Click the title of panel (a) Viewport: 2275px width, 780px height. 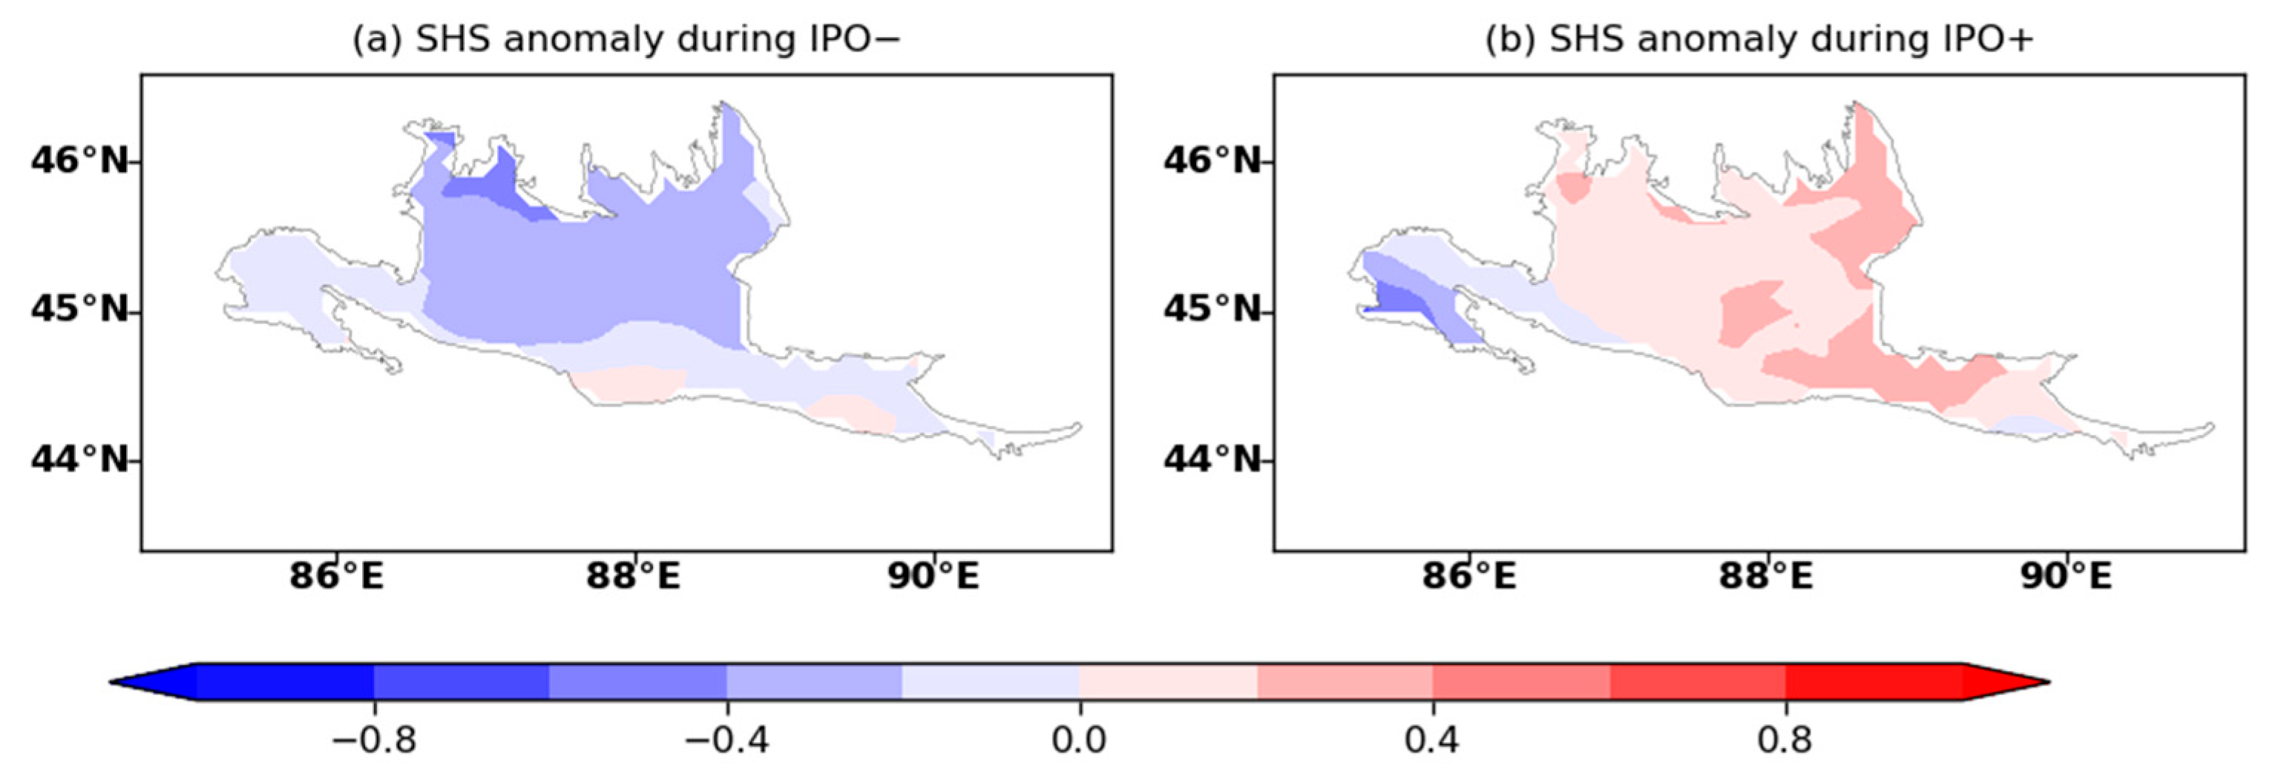point(626,41)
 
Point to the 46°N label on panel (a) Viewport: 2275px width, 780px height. point(79,161)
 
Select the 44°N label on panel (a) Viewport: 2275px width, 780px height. point(79,459)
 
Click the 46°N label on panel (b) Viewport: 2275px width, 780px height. point(1212,161)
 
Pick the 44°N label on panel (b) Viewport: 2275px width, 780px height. point(1212,459)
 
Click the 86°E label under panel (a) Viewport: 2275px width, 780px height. point(336,577)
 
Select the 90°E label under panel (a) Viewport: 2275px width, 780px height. point(933,577)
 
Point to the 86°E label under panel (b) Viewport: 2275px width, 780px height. point(1468,577)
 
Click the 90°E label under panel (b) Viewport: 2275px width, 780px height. point(2066,577)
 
